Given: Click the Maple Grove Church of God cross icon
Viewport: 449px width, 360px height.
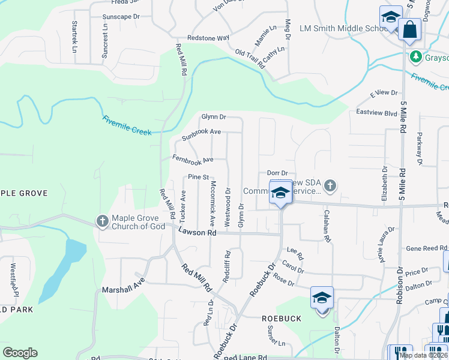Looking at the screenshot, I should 102,222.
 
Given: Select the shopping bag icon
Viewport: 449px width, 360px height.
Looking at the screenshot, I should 410,31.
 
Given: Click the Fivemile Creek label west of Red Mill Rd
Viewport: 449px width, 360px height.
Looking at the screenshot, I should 128,123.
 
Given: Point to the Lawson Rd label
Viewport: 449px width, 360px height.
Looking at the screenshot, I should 196,232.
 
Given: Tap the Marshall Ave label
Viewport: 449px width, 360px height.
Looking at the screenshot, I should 124,289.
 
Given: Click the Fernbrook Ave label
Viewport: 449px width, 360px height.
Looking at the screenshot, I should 193,160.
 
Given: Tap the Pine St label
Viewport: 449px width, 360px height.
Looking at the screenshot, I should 197,177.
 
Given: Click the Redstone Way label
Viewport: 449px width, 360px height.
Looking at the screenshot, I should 208,38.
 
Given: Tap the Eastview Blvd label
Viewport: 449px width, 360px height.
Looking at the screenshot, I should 376,113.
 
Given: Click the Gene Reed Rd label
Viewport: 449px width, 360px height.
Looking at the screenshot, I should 427,248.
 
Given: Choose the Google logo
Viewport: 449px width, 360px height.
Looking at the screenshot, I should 20,353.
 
